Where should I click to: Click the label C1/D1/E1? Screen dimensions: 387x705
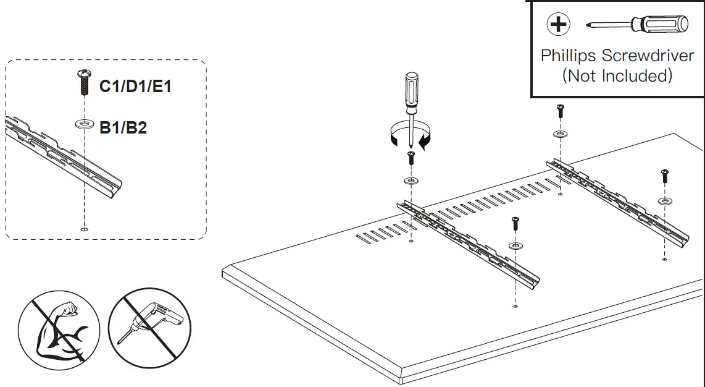tap(135, 86)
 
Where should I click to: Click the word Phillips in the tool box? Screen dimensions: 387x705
tap(569, 56)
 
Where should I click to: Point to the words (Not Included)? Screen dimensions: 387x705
tap(617, 76)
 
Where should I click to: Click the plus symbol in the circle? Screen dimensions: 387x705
tap(559, 25)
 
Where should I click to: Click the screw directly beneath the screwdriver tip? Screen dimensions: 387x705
tap(411, 158)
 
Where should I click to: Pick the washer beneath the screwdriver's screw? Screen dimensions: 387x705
tap(411, 181)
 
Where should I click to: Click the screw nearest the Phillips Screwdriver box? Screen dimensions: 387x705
tap(561, 111)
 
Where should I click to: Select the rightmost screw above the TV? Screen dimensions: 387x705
tap(665, 176)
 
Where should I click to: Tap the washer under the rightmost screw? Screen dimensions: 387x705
tap(665, 201)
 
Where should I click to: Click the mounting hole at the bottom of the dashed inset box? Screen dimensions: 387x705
tap(84, 229)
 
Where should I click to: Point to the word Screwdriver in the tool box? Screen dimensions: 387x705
tap(648, 56)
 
